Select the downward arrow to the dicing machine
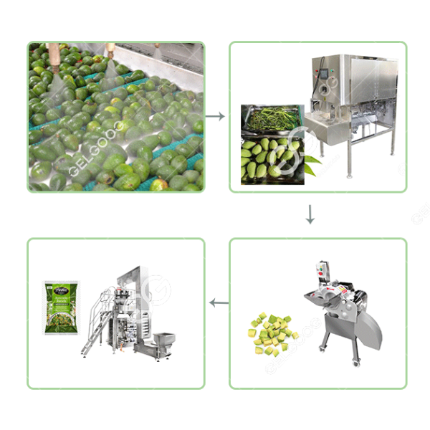tap(310, 214)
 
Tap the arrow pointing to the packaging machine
tap(218, 303)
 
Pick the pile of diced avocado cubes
tap(272, 333)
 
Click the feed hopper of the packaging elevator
tap(167, 337)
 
